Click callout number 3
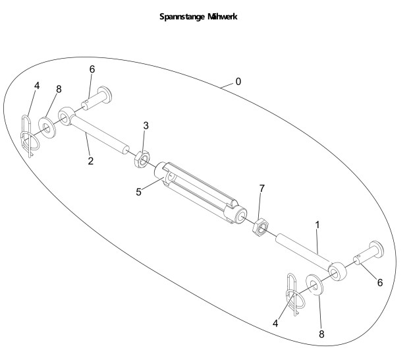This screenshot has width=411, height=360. point(146,125)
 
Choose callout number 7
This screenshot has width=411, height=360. point(261,189)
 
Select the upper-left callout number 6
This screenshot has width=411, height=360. point(93,69)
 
